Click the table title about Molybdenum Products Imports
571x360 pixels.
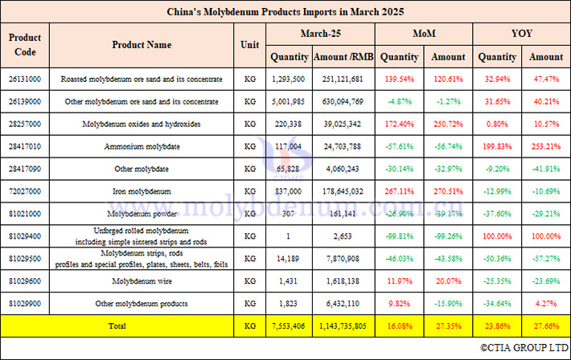point(285,12)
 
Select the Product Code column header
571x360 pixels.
point(26,45)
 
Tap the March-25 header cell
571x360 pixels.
point(321,34)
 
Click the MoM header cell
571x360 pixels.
point(424,34)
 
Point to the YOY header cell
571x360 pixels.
point(521,34)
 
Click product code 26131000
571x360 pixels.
point(26,79)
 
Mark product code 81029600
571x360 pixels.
point(26,281)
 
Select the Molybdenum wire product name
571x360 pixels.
point(142,281)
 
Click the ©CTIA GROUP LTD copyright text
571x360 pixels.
point(524,348)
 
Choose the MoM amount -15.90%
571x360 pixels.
point(448,304)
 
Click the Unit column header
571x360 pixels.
point(249,45)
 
